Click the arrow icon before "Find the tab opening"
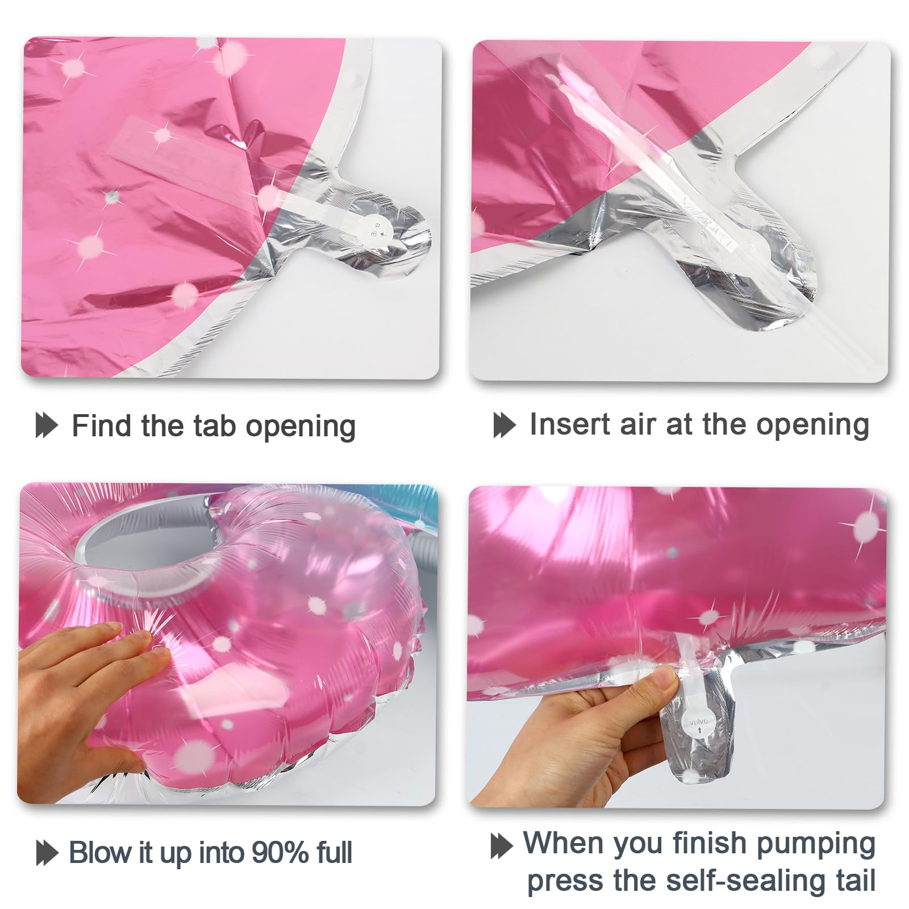point(47,426)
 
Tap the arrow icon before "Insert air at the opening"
point(504,425)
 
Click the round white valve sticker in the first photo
point(376,228)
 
